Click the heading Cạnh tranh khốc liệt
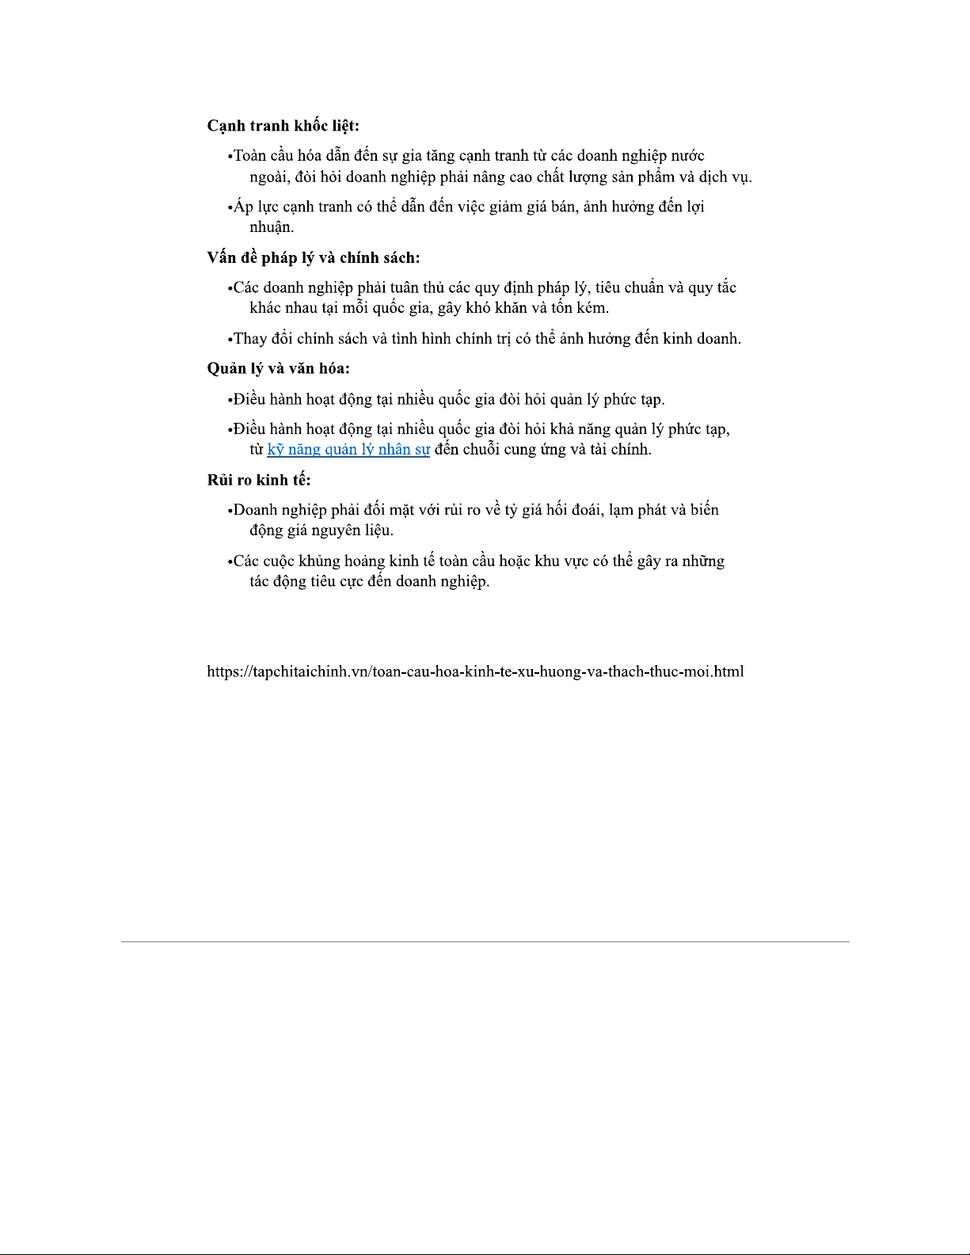283,126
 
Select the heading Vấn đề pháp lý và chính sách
313,257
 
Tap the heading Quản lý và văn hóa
278,368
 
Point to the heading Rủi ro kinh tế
258,480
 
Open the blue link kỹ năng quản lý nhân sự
348,450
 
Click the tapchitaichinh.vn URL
475,671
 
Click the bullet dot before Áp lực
230,208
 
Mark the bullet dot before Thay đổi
230,340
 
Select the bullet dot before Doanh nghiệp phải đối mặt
230,511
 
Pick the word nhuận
272,227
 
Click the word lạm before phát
622,510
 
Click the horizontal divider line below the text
485,941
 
